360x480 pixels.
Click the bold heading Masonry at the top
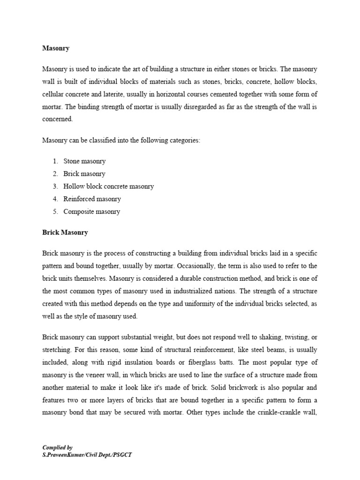[56, 48]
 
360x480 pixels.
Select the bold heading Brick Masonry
[65, 232]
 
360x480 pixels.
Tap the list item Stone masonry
[84, 161]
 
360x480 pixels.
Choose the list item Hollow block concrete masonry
[108, 187]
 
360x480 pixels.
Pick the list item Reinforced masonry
[92, 199]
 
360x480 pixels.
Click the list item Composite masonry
[91, 212]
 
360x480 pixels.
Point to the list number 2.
[55, 174]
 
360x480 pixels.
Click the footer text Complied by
[58, 448]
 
